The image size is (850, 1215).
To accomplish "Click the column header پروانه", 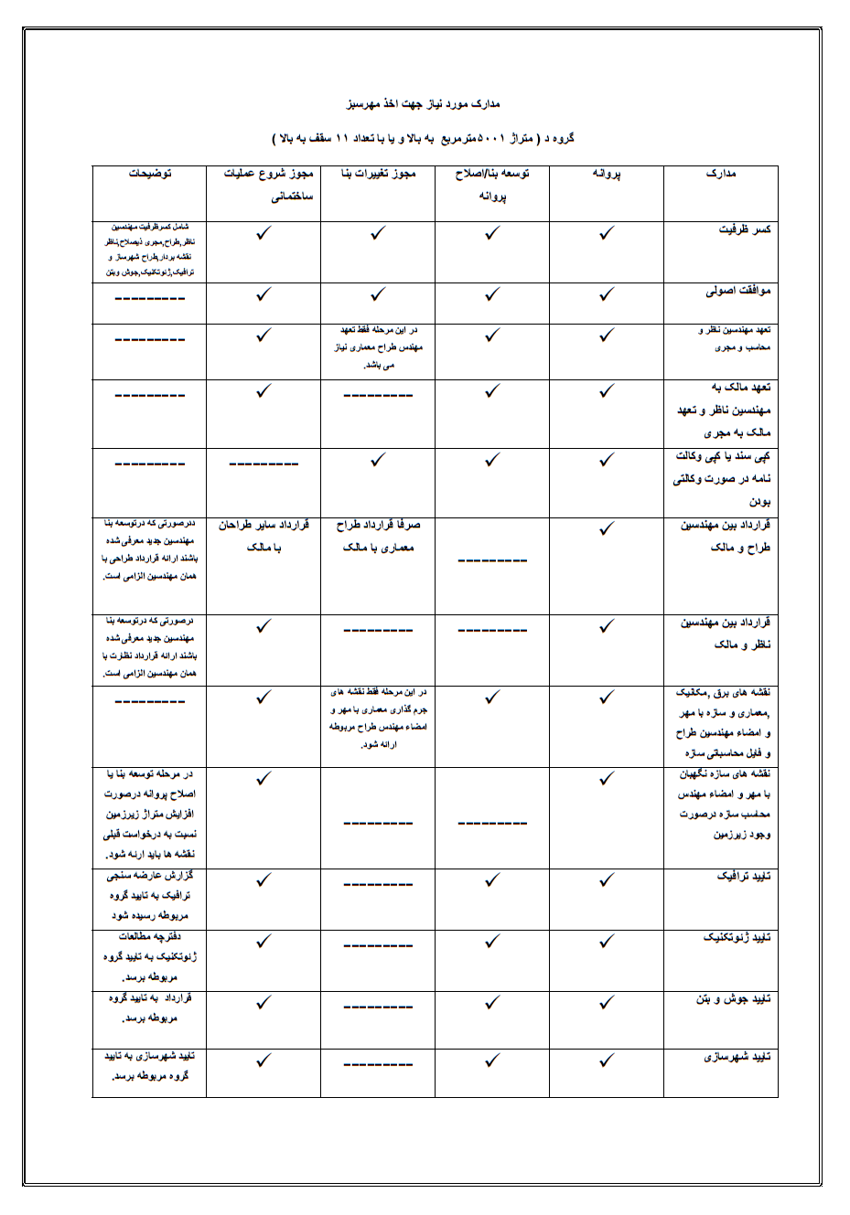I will click(606, 174).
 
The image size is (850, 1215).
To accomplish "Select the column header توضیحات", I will click(149, 174).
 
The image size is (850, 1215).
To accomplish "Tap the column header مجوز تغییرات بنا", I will click(378, 174).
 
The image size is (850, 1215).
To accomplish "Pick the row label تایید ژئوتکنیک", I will click(737, 938).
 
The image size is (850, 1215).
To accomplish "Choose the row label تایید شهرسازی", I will click(737, 1057).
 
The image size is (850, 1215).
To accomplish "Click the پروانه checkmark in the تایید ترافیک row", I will click(606, 880).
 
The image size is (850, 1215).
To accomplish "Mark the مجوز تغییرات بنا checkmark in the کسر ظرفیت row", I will click(378, 234).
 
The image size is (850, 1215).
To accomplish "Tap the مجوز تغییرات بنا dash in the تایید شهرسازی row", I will click(378, 1064).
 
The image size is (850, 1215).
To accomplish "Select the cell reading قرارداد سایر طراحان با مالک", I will click(264, 537).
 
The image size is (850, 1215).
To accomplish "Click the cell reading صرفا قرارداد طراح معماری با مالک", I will click(378, 537).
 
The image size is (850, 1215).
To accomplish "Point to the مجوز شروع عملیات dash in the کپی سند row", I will click(264, 464).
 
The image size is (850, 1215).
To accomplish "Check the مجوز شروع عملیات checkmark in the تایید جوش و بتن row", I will click(264, 1002).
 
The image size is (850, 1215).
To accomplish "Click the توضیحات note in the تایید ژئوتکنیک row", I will click(149, 956).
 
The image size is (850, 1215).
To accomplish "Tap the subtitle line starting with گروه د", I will click(423, 139).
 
